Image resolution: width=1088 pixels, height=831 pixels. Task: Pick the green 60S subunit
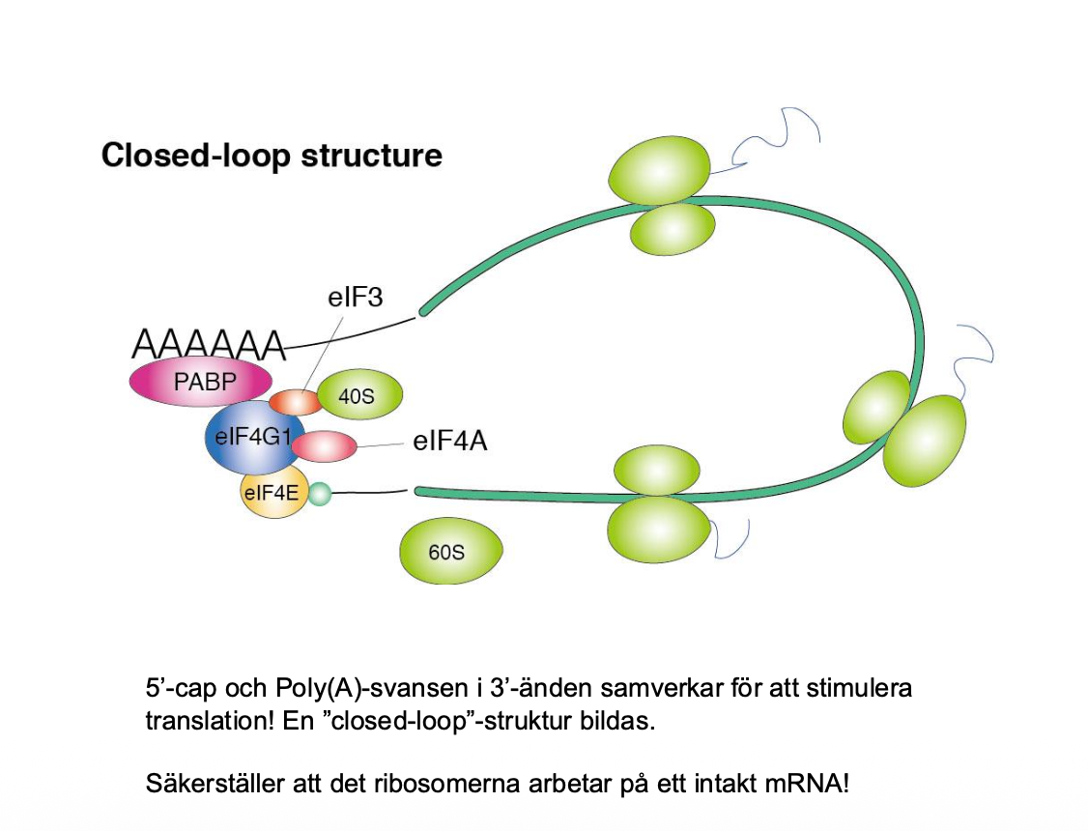pos(450,553)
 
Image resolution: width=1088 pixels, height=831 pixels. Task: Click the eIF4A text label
pos(449,442)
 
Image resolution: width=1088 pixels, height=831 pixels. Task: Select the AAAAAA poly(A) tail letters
pos(209,344)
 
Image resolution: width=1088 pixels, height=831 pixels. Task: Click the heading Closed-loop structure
pos(272,156)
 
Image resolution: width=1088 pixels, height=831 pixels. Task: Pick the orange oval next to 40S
pos(294,401)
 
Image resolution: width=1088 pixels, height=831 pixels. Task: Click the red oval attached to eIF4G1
pos(324,446)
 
